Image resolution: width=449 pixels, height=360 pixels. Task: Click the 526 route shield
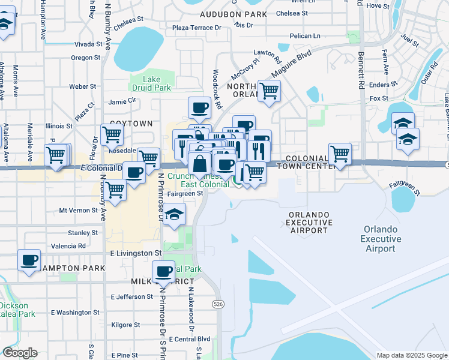pyautogui.click(x=218, y=304)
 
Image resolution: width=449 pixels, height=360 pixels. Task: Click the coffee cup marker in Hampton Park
pyautogui.click(x=29, y=260)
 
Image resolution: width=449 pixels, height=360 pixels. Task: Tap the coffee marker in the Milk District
pyautogui.click(x=163, y=271)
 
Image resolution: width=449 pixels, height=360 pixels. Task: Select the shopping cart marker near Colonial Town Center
pyautogui.click(x=340, y=154)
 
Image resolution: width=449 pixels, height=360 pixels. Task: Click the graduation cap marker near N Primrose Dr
pyautogui.click(x=174, y=214)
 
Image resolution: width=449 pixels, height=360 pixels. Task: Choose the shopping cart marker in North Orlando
pyautogui.click(x=270, y=91)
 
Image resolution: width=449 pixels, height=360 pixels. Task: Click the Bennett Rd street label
pyautogui.click(x=361, y=71)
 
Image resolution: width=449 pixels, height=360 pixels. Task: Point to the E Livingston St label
pyautogui.click(x=136, y=254)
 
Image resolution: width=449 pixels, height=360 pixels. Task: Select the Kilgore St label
pyautogui.click(x=125, y=325)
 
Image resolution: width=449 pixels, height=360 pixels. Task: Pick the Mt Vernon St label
pyautogui.click(x=79, y=211)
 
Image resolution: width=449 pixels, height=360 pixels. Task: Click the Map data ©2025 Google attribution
pyautogui.click(x=412, y=355)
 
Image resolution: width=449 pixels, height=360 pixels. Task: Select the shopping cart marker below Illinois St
pyautogui.click(x=112, y=135)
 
